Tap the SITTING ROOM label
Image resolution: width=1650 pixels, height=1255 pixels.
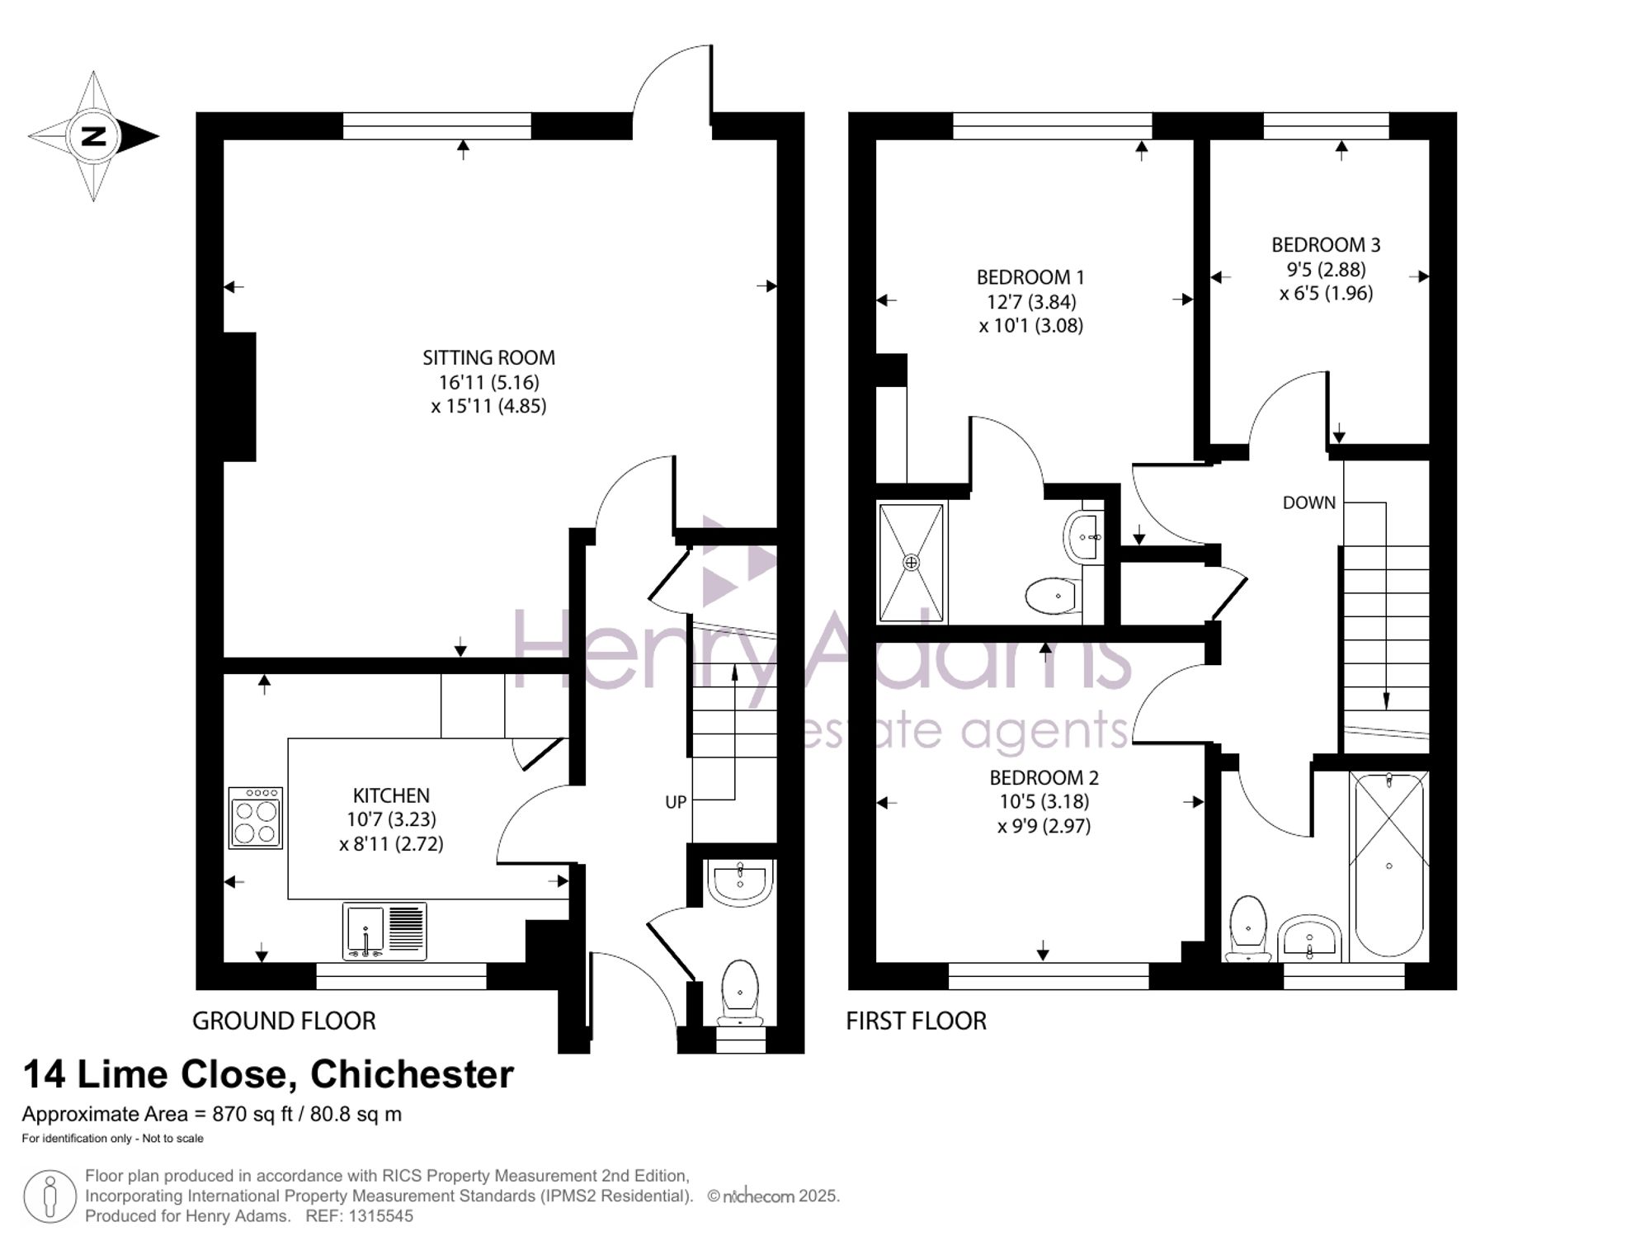pyautogui.click(x=488, y=358)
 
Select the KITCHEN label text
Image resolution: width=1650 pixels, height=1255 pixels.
pyautogui.click(x=391, y=795)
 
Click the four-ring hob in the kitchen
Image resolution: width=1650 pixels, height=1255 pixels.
pyautogui.click(x=256, y=818)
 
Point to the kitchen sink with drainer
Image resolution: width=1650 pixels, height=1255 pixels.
pyautogui.click(x=384, y=932)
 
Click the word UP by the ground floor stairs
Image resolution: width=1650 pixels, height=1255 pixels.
pyautogui.click(x=676, y=802)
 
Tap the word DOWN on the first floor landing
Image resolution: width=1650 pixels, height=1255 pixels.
pyautogui.click(x=1308, y=502)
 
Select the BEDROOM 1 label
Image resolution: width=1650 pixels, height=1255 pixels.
pyautogui.click(x=1030, y=277)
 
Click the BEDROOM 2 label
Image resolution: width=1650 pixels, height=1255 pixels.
pyautogui.click(x=1044, y=777)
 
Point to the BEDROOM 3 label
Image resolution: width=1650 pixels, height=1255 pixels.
pyautogui.click(x=1326, y=245)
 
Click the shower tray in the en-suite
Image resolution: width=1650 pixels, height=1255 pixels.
pyautogui.click(x=911, y=563)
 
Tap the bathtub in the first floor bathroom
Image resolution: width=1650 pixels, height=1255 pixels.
pyautogui.click(x=1389, y=864)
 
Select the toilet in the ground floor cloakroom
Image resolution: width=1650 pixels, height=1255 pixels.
pyautogui.click(x=740, y=994)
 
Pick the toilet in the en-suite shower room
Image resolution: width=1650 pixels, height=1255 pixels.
pyautogui.click(x=1053, y=595)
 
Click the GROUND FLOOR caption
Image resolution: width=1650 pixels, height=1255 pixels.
pyautogui.click(x=284, y=1021)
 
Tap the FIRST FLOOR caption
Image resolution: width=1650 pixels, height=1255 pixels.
pyautogui.click(x=916, y=1021)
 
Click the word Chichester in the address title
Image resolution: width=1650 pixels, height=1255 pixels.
pyautogui.click(x=412, y=1074)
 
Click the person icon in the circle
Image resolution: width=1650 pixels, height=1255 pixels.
pyautogui.click(x=50, y=1196)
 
